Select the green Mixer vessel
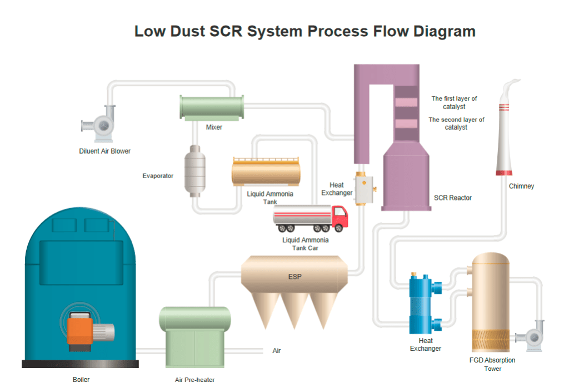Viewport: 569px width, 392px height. tap(212, 107)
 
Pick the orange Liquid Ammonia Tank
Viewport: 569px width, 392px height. tap(266, 171)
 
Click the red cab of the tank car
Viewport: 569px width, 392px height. tap(340, 218)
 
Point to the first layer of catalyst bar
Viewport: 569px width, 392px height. tap(406, 102)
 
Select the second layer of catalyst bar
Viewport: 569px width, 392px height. tap(406, 123)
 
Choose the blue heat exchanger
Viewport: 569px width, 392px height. tap(422, 303)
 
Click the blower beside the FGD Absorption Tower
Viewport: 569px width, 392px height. tap(532, 335)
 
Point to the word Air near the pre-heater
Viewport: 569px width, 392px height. tap(277, 351)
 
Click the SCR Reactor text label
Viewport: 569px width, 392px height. tap(452, 198)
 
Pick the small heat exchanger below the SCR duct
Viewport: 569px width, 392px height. tap(365, 189)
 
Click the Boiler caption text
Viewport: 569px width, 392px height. tap(81, 380)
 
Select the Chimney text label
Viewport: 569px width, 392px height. tap(521, 186)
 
